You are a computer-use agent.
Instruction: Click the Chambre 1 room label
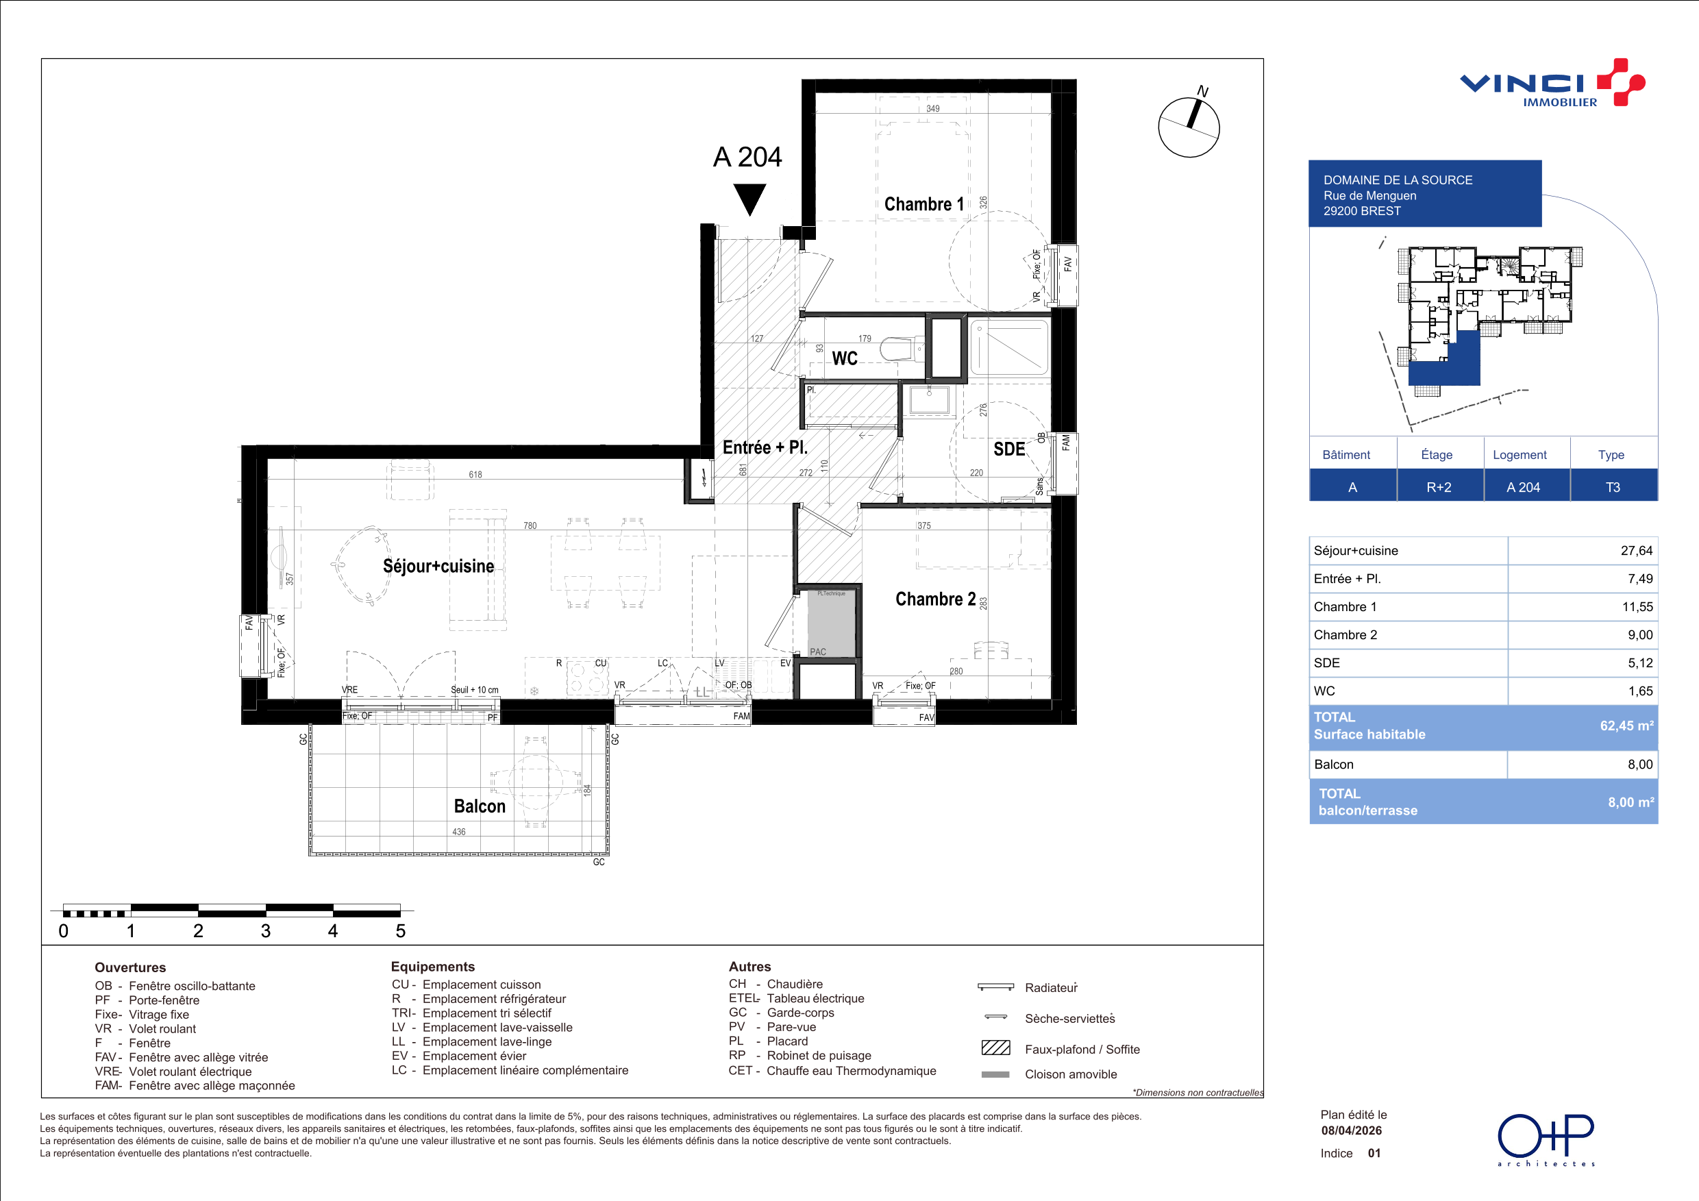[923, 204]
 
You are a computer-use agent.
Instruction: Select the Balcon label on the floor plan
[480, 806]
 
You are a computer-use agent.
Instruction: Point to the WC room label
[844, 358]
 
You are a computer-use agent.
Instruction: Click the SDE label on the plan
[1008, 449]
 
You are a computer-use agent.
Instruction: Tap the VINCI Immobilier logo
[1552, 83]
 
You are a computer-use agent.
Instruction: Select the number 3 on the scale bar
[266, 931]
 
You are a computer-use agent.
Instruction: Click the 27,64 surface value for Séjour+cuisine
[1636, 551]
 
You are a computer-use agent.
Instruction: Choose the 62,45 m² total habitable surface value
[1626, 726]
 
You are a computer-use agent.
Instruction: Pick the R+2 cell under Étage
[1439, 487]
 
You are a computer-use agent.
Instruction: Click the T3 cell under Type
[1613, 487]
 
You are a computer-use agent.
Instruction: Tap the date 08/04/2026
[1351, 1130]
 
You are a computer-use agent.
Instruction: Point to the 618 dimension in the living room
[475, 474]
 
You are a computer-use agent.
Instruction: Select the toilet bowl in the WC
[903, 349]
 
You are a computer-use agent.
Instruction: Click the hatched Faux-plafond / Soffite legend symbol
[995, 1047]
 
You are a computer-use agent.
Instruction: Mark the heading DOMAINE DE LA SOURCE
[1398, 179]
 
